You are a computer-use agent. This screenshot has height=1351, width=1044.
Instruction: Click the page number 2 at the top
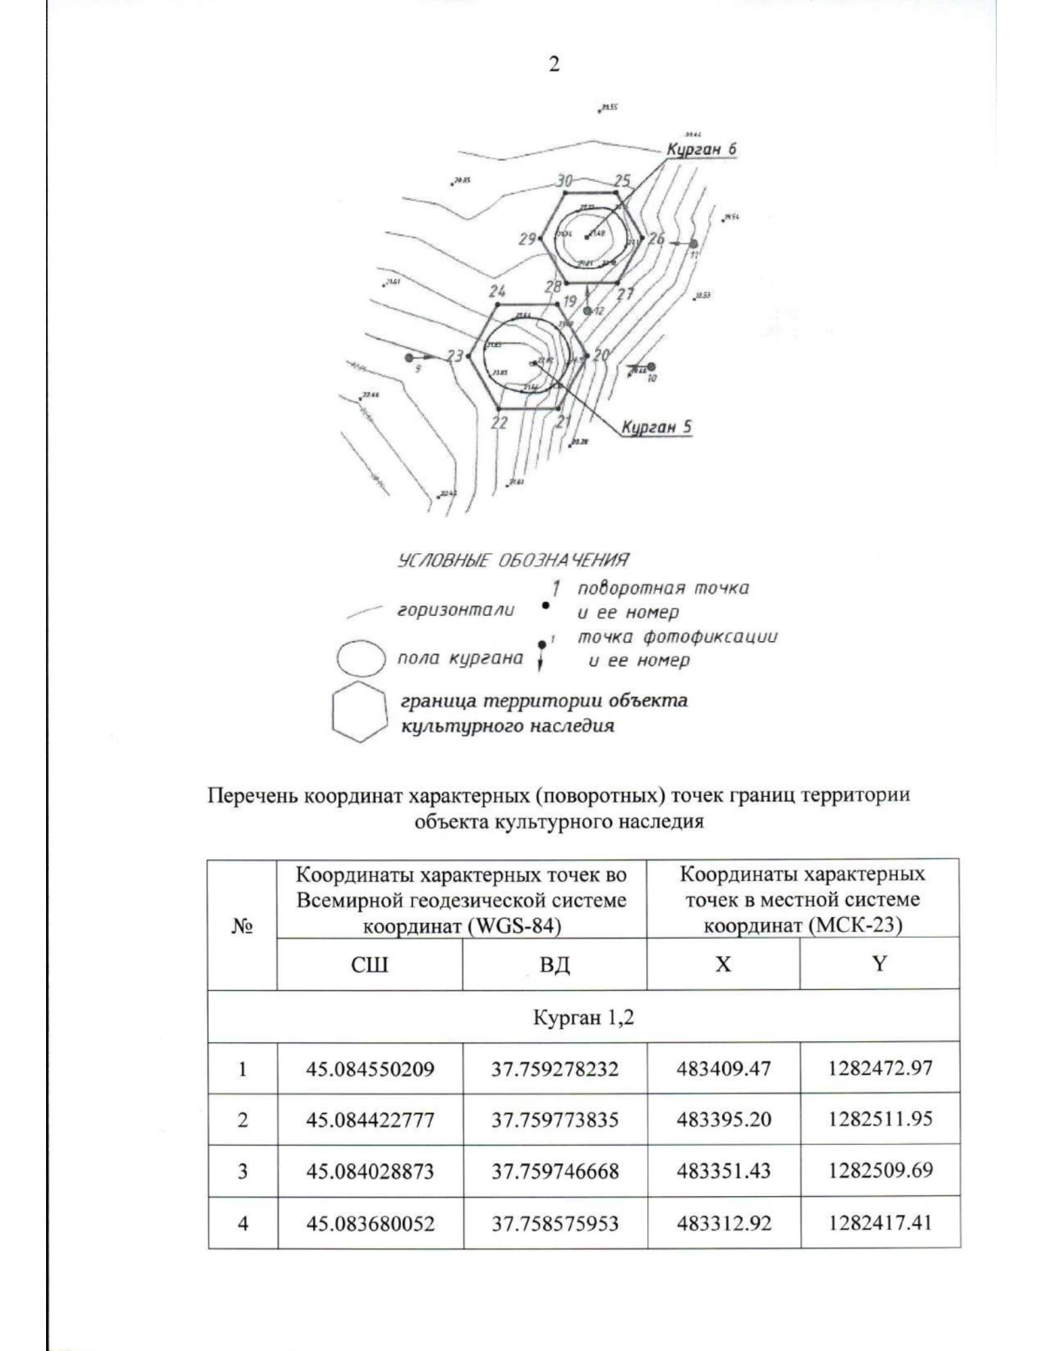(553, 65)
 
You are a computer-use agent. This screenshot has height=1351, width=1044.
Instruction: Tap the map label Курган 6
(701, 150)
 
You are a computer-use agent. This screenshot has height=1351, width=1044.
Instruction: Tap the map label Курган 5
(656, 427)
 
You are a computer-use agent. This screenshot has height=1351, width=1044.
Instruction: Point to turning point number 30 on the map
(565, 181)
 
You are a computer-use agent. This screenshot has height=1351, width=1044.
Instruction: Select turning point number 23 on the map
(456, 356)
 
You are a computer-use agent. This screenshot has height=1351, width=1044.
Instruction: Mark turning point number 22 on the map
(499, 423)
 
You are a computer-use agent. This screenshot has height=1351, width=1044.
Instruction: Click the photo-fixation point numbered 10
(651, 367)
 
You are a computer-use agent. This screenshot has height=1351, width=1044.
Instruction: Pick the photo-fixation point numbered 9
(410, 357)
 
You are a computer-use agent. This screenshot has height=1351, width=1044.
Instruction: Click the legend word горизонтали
(455, 610)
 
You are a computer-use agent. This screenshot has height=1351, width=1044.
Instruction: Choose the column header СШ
(369, 965)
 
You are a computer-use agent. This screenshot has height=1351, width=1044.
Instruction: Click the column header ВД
(554, 965)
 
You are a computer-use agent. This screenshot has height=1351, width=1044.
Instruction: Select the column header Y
(880, 964)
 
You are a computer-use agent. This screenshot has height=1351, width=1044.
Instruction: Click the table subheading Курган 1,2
(584, 1017)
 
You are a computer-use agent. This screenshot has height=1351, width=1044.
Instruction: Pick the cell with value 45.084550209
(370, 1068)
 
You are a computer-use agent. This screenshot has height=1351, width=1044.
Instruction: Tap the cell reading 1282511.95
(880, 1119)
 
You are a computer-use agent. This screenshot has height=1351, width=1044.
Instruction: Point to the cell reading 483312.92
(724, 1223)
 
